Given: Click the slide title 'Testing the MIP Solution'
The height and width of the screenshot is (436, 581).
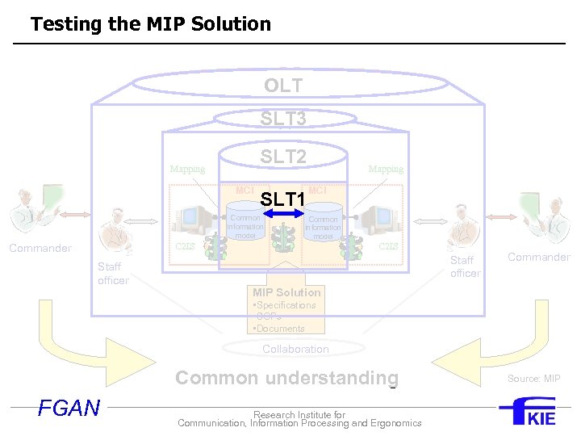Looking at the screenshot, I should [151, 24].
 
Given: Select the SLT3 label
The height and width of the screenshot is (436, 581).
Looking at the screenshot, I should [283, 119].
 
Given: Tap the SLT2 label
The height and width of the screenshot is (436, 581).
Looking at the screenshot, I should [283, 157].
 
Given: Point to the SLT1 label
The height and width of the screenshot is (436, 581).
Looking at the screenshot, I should [282, 199].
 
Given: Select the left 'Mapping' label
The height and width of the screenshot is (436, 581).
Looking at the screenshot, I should [187, 170].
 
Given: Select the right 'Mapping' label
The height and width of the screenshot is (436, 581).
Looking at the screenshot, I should [386, 170].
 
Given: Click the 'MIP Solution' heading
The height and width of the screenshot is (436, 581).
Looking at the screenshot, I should [286, 292].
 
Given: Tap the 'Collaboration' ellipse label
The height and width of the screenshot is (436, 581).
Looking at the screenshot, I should [295, 350].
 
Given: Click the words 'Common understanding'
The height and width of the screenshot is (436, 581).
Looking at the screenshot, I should [286, 378].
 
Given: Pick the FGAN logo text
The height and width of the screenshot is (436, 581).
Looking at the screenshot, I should [69, 408].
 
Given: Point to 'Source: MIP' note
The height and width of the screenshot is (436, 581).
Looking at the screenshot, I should [533, 379].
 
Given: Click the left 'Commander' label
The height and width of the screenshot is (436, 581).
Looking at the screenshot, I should [40, 249].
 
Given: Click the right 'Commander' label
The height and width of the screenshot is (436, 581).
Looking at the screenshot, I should [539, 258].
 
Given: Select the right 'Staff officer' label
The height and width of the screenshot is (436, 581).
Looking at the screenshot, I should [465, 266].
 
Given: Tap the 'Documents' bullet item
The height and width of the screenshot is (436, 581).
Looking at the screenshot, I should [280, 329].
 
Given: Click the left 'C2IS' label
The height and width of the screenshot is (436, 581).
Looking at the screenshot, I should [186, 246].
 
